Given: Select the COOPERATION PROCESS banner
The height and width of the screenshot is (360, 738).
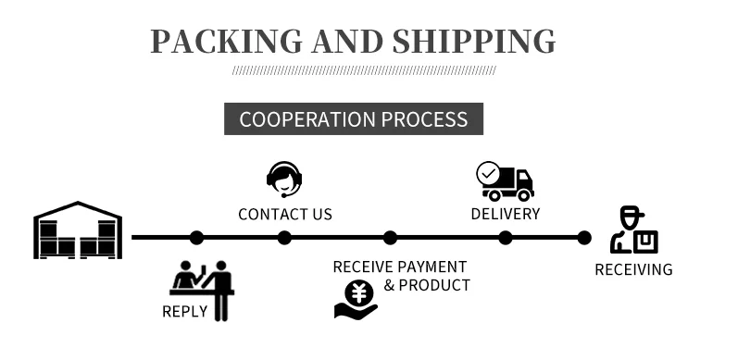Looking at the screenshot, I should click(x=354, y=119).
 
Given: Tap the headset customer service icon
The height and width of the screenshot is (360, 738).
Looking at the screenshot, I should click(x=284, y=179).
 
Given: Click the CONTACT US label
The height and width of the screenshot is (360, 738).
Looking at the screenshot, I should click(x=285, y=215).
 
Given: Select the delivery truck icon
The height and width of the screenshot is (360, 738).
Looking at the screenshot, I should click(x=506, y=181).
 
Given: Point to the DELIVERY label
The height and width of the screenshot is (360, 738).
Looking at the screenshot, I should click(x=506, y=214).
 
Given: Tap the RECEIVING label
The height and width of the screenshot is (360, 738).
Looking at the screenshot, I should click(x=633, y=270).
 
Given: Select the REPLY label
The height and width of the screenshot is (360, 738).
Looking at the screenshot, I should click(x=185, y=311).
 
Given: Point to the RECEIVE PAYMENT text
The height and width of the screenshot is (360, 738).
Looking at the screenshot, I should click(x=400, y=267).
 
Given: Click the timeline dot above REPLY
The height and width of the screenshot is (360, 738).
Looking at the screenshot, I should click(x=196, y=238).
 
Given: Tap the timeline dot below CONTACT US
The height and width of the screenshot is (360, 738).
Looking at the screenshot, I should click(x=284, y=238).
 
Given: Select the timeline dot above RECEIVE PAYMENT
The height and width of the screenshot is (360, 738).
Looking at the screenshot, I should click(x=390, y=238).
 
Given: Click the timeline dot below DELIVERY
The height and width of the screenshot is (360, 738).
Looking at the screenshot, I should click(x=506, y=238).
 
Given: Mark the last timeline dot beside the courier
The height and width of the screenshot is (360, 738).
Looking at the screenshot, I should click(x=584, y=238).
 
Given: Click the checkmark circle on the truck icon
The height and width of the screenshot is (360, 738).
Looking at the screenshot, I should click(x=487, y=172).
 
